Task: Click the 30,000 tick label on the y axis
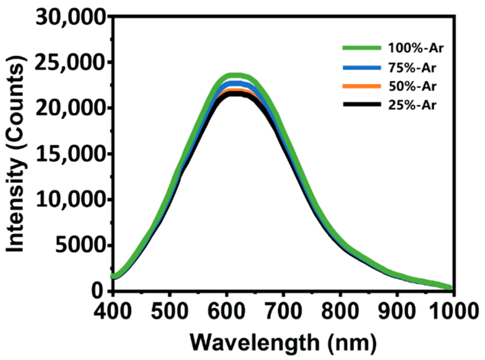[72, 18]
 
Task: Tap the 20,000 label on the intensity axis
[72, 109]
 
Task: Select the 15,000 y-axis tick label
[72, 155]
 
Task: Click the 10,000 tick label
[72, 201]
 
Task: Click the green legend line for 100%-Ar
[362, 48]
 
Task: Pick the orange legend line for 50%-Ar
[362, 86]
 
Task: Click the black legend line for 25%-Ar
[362, 105]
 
